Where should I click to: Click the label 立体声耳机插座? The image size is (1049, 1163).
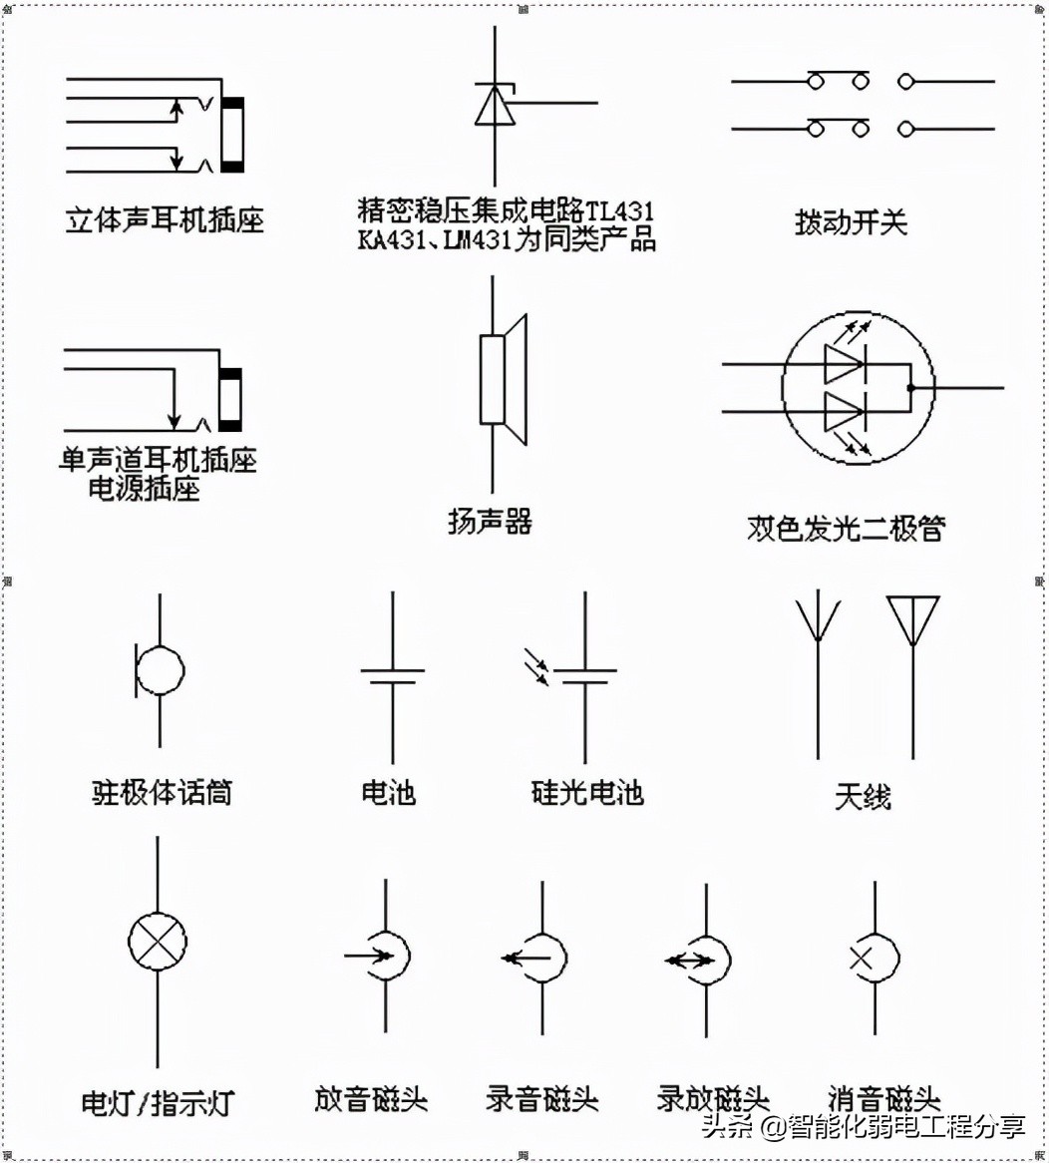pos(165,219)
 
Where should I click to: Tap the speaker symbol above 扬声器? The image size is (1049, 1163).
pos(503,380)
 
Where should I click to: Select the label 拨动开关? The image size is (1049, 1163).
pos(851,221)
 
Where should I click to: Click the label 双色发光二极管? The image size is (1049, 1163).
pos(846,528)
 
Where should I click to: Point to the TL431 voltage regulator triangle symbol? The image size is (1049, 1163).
pos(496,105)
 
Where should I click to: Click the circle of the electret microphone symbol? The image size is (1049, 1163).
pos(161,670)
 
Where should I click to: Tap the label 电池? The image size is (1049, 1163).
pos(389,793)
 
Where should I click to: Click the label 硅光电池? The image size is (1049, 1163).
pos(587,793)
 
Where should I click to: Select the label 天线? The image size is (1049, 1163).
pos(863,797)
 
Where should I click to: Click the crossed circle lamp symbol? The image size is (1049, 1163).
pos(158,942)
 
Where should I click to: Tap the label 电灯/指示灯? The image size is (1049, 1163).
pos(158,1103)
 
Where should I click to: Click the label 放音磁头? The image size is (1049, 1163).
pos(371,1098)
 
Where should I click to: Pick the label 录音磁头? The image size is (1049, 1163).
pos(542,1098)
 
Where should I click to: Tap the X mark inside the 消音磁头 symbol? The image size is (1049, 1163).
pos(861,959)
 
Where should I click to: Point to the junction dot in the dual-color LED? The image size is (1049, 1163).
pos(910,387)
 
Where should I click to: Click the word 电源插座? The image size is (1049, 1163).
pos(145,489)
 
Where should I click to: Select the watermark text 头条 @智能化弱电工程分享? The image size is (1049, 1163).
pos(864,1127)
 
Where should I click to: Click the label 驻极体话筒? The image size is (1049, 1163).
pos(162,793)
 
